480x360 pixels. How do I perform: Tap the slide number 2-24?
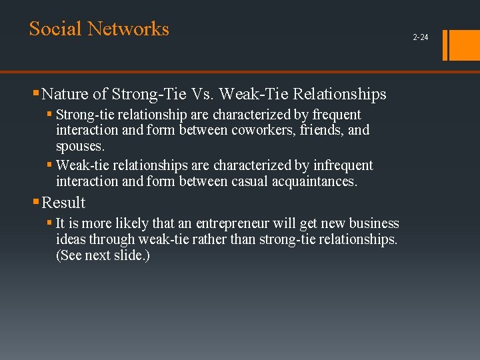tap(421, 37)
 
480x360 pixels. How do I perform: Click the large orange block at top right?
tap(465, 45)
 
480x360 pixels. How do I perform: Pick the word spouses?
tap(80, 145)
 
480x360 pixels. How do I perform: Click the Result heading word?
tap(63, 203)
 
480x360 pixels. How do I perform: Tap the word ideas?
tap(71, 239)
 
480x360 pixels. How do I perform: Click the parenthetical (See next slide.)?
tap(103, 255)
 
